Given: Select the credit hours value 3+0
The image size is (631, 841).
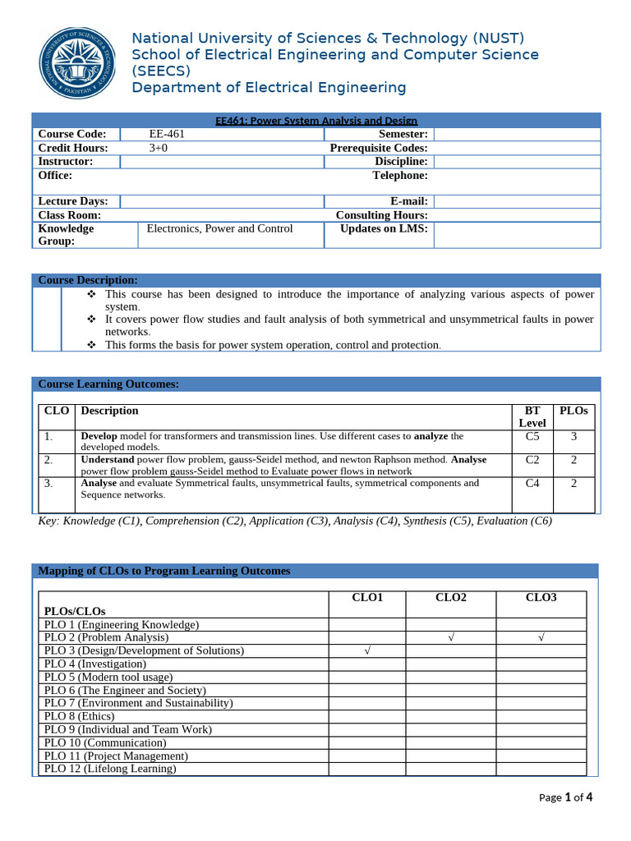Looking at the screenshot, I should (x=159, y=148).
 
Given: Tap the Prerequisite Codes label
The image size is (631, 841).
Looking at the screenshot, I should (x=379, y=148).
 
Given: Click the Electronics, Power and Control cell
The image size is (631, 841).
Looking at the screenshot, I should (x=219, y=228).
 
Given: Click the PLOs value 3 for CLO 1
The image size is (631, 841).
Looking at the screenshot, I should (x=573, y=437).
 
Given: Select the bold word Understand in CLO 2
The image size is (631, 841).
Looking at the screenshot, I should (x=107, y=460).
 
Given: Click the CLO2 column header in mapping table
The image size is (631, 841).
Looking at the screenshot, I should (x=450, y=597).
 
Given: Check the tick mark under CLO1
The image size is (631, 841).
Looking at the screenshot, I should (x=367, y=650).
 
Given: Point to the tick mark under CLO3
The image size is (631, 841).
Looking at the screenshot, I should (x=541, y=637).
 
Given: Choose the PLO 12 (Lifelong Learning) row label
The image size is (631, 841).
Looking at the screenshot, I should (x=110, y=769).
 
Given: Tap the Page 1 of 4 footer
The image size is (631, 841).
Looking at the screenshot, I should (x=565, y=797).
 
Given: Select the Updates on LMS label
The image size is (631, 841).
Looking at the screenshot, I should (x=384, y=228).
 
